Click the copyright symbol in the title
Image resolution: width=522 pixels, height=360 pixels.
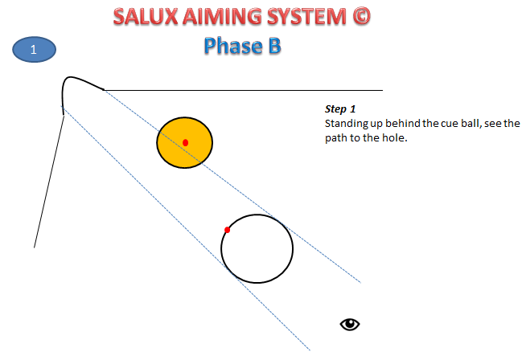click(360, 17)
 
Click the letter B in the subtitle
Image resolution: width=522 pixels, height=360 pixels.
click(273, 46)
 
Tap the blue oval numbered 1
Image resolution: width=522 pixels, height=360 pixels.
click(34, 51)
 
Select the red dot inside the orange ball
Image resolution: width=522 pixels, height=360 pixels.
click(186, 142)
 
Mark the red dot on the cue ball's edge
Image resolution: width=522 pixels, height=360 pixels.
click(228, 230)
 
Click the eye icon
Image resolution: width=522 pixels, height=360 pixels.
click(349, 324)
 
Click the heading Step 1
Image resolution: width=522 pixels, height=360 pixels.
click(339, 108)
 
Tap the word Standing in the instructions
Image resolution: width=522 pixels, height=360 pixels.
click(346, 124)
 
